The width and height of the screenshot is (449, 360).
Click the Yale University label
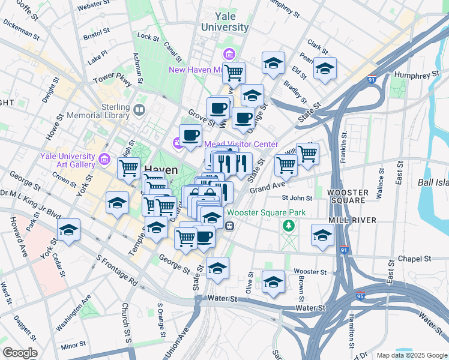pyautogui.click(x=224, y=22)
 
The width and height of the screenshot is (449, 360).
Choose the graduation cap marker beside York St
pyautogui.click(x=68, y=230)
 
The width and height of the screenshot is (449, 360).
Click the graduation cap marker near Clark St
pyautogui.click(x=325, y=69)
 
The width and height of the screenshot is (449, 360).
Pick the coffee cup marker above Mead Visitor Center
pyautogui.click(x=190, y=135)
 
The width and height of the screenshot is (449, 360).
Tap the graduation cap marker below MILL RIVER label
pyautogui.click(x=322, y=235)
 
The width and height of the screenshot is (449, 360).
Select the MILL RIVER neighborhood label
pyautogui.click(x=352, y=220)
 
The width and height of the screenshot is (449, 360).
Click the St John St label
pyautogui.click(x=297, y=198)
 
